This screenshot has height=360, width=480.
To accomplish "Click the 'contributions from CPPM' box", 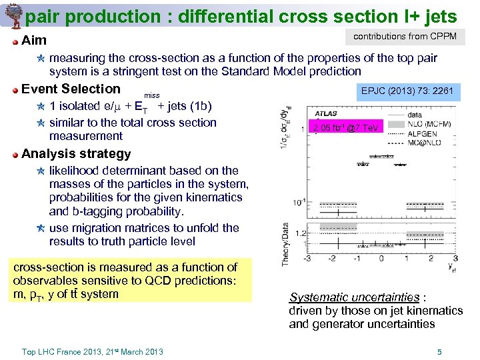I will point(405,37).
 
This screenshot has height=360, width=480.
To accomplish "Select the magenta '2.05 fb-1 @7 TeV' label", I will point(347,127).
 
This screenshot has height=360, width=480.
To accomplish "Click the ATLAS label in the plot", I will point(327,114).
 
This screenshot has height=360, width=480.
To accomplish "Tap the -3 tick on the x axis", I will point(307,258).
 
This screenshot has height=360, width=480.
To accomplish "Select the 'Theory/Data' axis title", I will point(285,244).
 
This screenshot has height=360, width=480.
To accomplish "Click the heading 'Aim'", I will point(34,41).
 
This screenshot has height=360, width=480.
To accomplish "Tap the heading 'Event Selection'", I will point(71,89).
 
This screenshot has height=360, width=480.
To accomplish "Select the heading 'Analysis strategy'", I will point(76,153).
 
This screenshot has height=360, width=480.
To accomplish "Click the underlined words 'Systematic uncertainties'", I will point(354,297).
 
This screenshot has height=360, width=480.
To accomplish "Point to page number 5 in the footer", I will point(439,352).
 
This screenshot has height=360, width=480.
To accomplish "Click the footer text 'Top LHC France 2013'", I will point(61,352).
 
